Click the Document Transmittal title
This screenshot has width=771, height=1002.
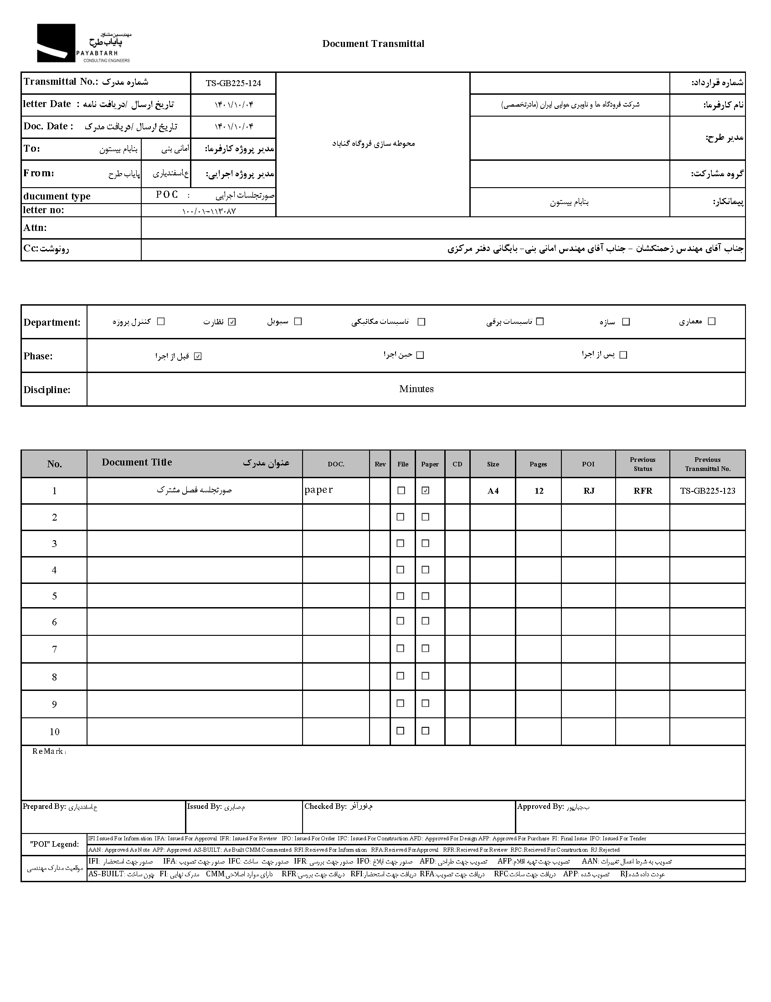coord(373,44)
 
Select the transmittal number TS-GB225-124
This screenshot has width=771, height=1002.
coord(233,83)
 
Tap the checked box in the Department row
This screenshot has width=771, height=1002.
coord(232,322)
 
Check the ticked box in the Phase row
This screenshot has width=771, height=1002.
coord(198,356)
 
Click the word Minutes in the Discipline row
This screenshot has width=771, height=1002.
coord(416,389)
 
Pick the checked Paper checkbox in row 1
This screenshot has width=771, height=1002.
coord(426,490)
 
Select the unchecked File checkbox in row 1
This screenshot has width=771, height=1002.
coord(401,490)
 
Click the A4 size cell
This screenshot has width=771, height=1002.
coord(493,491)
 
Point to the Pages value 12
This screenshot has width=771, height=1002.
coord(539,491)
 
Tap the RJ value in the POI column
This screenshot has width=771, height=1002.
coord(589,491)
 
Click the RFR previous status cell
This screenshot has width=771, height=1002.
coord(643,491)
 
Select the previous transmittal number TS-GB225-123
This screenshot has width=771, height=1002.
coord(708,491)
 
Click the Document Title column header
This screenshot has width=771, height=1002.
coord(137,462)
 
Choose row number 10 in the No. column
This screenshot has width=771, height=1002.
coord(55,732)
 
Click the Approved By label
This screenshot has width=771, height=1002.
coord(540,806)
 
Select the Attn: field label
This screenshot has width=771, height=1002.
coord(36,228)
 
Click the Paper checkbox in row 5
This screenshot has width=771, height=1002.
coord(426,596)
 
